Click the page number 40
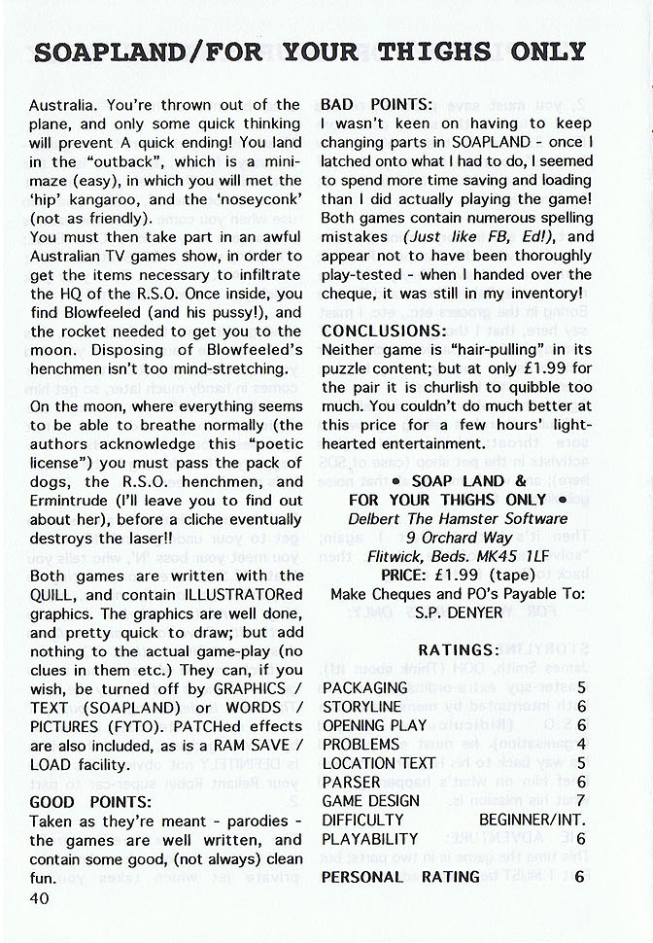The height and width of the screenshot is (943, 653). point(40,898)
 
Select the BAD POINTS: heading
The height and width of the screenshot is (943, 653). point(376,104)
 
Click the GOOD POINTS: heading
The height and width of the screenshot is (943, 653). point(90,802)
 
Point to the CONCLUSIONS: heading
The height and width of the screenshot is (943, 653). point(384,331)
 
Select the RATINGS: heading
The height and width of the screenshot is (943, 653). point(459,649)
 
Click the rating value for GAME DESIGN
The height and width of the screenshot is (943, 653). point(579,801)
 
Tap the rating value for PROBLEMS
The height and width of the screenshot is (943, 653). point(579,745)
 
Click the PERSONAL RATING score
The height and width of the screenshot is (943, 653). point(579,877)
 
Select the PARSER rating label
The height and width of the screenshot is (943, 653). point(352,783)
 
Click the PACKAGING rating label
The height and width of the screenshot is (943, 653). point(365,688)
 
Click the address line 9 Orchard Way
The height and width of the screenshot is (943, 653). point(453,537)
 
